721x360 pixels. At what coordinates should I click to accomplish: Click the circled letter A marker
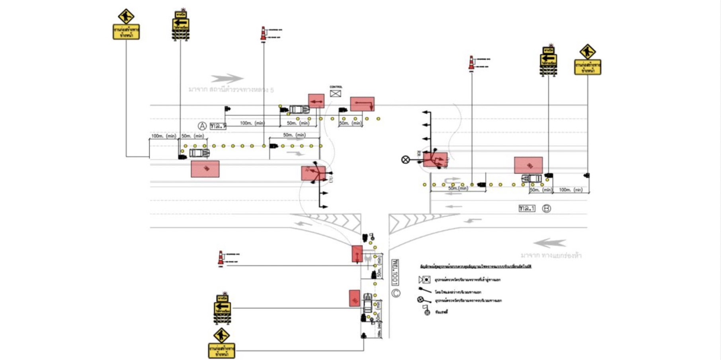[202, 126]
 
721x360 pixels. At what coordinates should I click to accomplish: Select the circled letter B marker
[547, 208]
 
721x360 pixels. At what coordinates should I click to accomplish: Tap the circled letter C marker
[396, 293]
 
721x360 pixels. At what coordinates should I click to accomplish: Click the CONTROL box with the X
[336, 93]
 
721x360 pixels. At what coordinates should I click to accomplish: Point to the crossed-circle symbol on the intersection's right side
[405, 160]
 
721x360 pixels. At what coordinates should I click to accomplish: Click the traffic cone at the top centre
[263, 33]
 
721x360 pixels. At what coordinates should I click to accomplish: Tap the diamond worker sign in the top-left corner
[126, 17]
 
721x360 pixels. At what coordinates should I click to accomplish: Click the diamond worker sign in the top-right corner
[588, 52]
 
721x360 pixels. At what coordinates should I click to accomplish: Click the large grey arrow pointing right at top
[227, 78]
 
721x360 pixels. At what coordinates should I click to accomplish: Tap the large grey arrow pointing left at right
[550, 243]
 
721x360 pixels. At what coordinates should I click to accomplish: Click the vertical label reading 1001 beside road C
[395, 272]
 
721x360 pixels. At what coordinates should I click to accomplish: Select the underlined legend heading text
[475, 266]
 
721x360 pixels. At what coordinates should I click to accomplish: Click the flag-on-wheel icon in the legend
[426, 311]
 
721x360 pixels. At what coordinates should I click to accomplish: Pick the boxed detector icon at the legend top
[424, 280]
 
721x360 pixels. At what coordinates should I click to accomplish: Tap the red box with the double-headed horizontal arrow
[316, 101]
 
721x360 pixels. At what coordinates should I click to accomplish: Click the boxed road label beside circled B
[527, 208]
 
